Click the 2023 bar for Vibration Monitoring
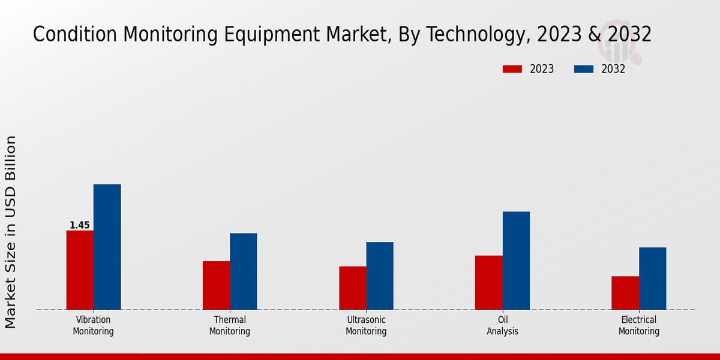pyautogui.click(x=80, y=270)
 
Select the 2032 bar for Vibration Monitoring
pyautogui.click(x=107, y=247)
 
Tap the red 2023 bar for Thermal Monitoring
pyautogui.click(x=216, y=285)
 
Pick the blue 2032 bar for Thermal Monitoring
pyautogui.click(x=243, y=271)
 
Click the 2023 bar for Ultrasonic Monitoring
pyautogui.click(x=352, y=288)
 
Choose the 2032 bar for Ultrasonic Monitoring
pyautogui.click(x=380, y=276)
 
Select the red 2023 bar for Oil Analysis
pyautogui.click(x=489, y=283)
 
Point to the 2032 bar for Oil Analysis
pyautogui.click(x=516, y=260)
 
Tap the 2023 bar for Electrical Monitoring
pyautogui.click(x=625, y=293)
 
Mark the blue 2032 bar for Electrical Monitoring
pyautogui.click(x=652, y=278)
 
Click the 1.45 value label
pyautogui.click(x=80, y=226)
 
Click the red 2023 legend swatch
pyautogui.click(x=512, y=69)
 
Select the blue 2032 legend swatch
pyautogui.click(x=583, y=69)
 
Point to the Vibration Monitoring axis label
pyautogui.click(x=93, y=325)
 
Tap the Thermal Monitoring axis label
pyautogui.click(x=230, y=325)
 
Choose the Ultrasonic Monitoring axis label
pyautogui.click(x=366, y=325)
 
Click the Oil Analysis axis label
pyautogui.click(x=503, y=325)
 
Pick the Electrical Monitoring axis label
pyautogui.click(x=639, y=325)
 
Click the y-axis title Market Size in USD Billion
pyautogui.click(x=11, y=232)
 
